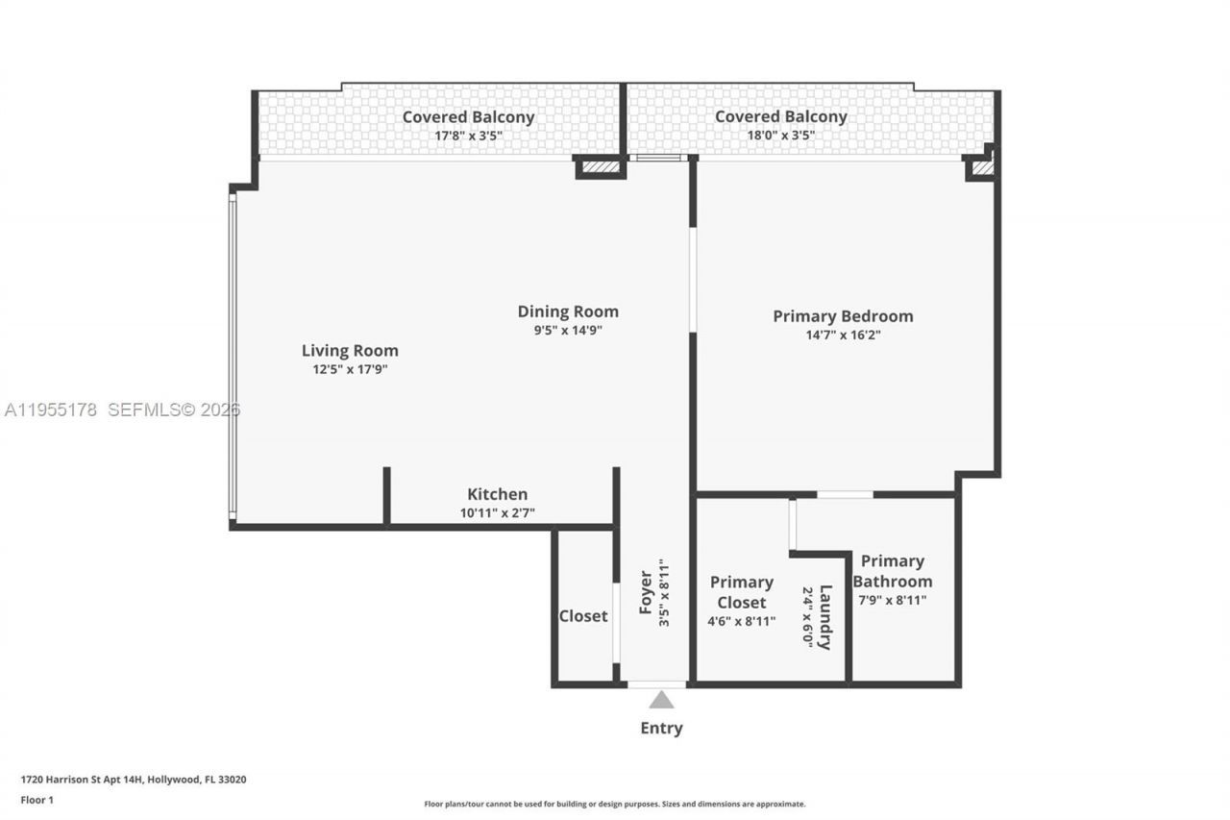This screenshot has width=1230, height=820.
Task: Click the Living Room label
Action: click(x=350, y=351)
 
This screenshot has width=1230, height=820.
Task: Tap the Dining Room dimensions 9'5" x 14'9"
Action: click(x=568, y=330)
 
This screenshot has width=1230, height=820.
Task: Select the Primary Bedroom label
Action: click(x=843, y=316)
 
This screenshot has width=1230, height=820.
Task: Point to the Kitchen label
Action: click(x=497, y=494)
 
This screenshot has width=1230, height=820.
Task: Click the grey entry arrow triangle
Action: click(x=661, y=700)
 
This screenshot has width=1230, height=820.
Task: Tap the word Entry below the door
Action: click(x=661, y=728)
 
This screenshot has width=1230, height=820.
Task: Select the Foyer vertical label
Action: click(x=646, y=593)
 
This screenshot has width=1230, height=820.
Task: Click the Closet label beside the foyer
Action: click(x=583, y=615)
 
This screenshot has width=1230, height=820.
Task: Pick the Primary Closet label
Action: click(x=741, y=592)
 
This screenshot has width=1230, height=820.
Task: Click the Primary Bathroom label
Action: click(x=892, y=571)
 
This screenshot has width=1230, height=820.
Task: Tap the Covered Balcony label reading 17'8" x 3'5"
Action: click(x=468, y=117)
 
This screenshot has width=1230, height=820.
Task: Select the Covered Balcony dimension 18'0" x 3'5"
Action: click(x=780, y=136)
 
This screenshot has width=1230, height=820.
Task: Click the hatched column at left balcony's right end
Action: click(x=600, y=168)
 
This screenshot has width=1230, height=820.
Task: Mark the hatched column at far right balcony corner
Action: click(x=981, y=168)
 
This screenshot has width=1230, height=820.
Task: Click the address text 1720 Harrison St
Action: click(x=134, y=780)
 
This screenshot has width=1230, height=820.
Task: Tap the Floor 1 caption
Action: click(x=37, y=800)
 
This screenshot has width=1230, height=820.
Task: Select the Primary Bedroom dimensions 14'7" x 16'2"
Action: click(x=843, y=335)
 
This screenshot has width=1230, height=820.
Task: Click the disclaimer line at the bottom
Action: click(x=615, y=804)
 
